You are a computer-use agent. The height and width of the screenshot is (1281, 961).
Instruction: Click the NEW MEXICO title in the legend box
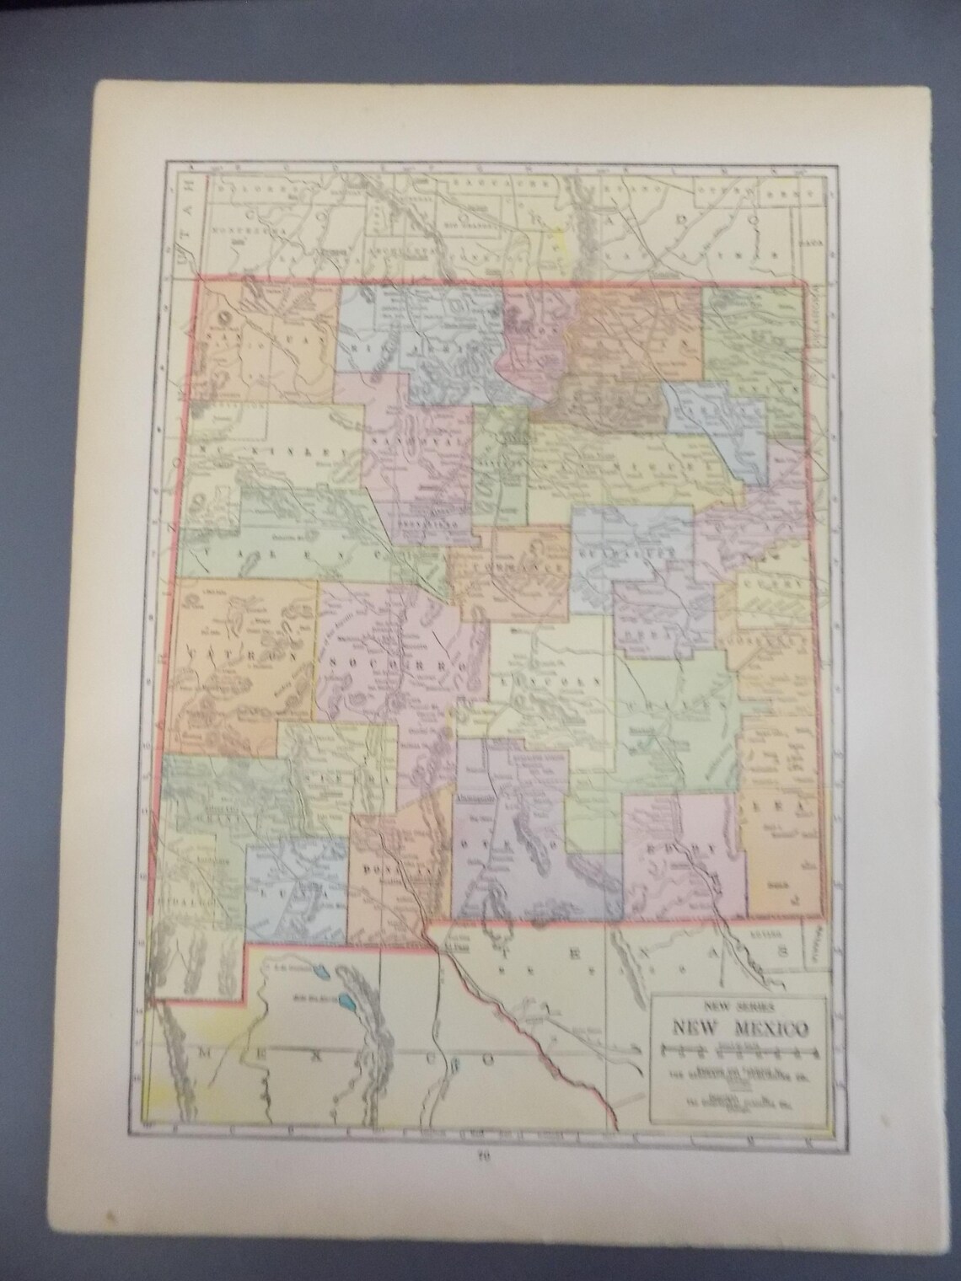[739, 1029]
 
